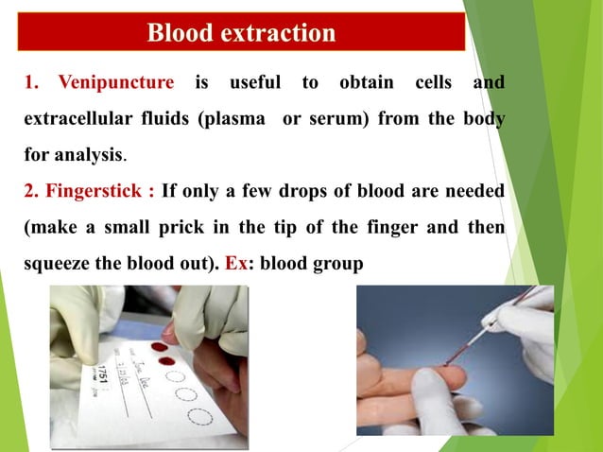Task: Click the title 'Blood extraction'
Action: tap(241, 34)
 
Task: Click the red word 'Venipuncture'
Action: tap(115, 83)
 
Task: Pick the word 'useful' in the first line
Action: tap(255, 83)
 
